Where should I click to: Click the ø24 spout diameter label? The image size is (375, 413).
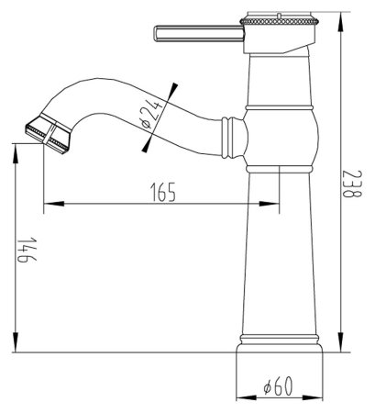156,117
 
